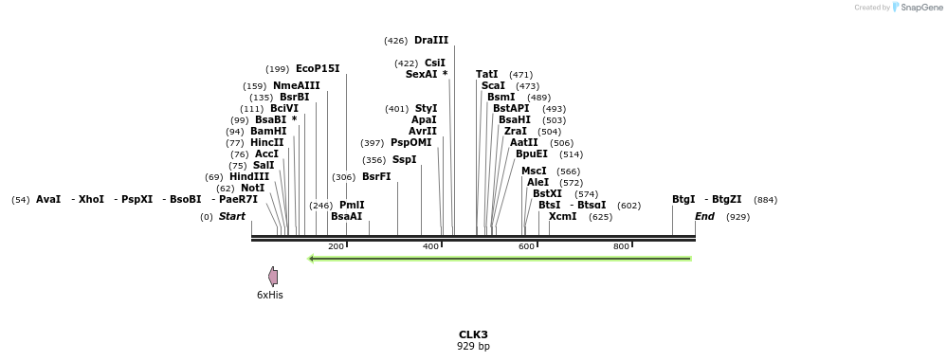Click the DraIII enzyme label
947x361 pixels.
tap(431, 41)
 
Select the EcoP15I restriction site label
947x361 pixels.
tap(318, 69)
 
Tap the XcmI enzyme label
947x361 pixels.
tap(562, 217)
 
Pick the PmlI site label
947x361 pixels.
tap(352, 205)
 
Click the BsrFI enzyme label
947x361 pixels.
tap(376, 176)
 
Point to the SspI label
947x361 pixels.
tap(404, 160)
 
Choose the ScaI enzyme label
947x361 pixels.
tap(493, 86)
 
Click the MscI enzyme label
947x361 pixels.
tap(534, 171)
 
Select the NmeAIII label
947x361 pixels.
tap(297, 86)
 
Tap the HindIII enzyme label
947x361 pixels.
tap(249, 176)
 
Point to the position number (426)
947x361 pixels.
tap(395, 41)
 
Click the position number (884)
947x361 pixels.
tap(765, 200)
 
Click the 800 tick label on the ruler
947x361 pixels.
tap(622, 247)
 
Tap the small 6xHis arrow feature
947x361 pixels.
tap(273, 277)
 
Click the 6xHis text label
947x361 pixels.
tap(270, 295)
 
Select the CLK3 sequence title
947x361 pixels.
tap(473, 334)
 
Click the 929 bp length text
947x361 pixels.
tap(473, 347)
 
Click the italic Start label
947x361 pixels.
tap(232, 217)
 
